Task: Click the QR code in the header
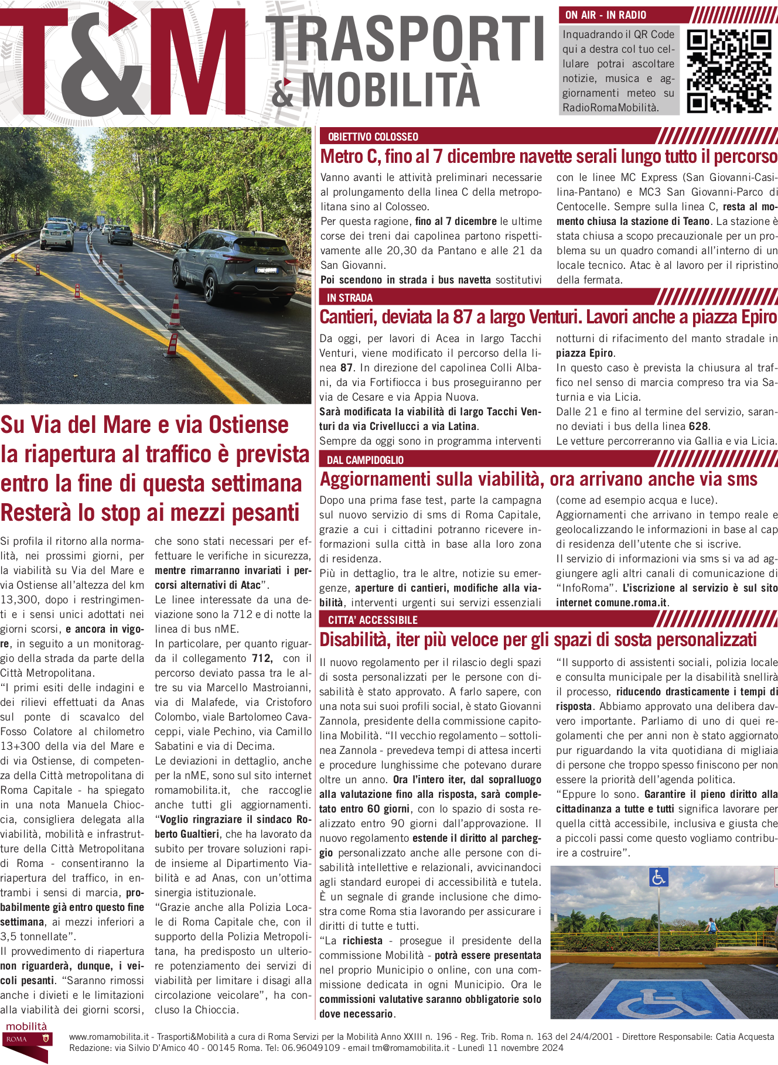(729, 71)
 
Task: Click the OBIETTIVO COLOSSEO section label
(373, 137)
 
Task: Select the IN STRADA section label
(350, 298)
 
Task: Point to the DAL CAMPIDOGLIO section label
(365, 460)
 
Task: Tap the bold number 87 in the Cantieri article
(347, 368)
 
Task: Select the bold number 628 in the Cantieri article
(698, 426)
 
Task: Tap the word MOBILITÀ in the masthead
(391, 90)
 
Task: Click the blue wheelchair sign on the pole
(658, 877)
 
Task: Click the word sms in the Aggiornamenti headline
(742, 479)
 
